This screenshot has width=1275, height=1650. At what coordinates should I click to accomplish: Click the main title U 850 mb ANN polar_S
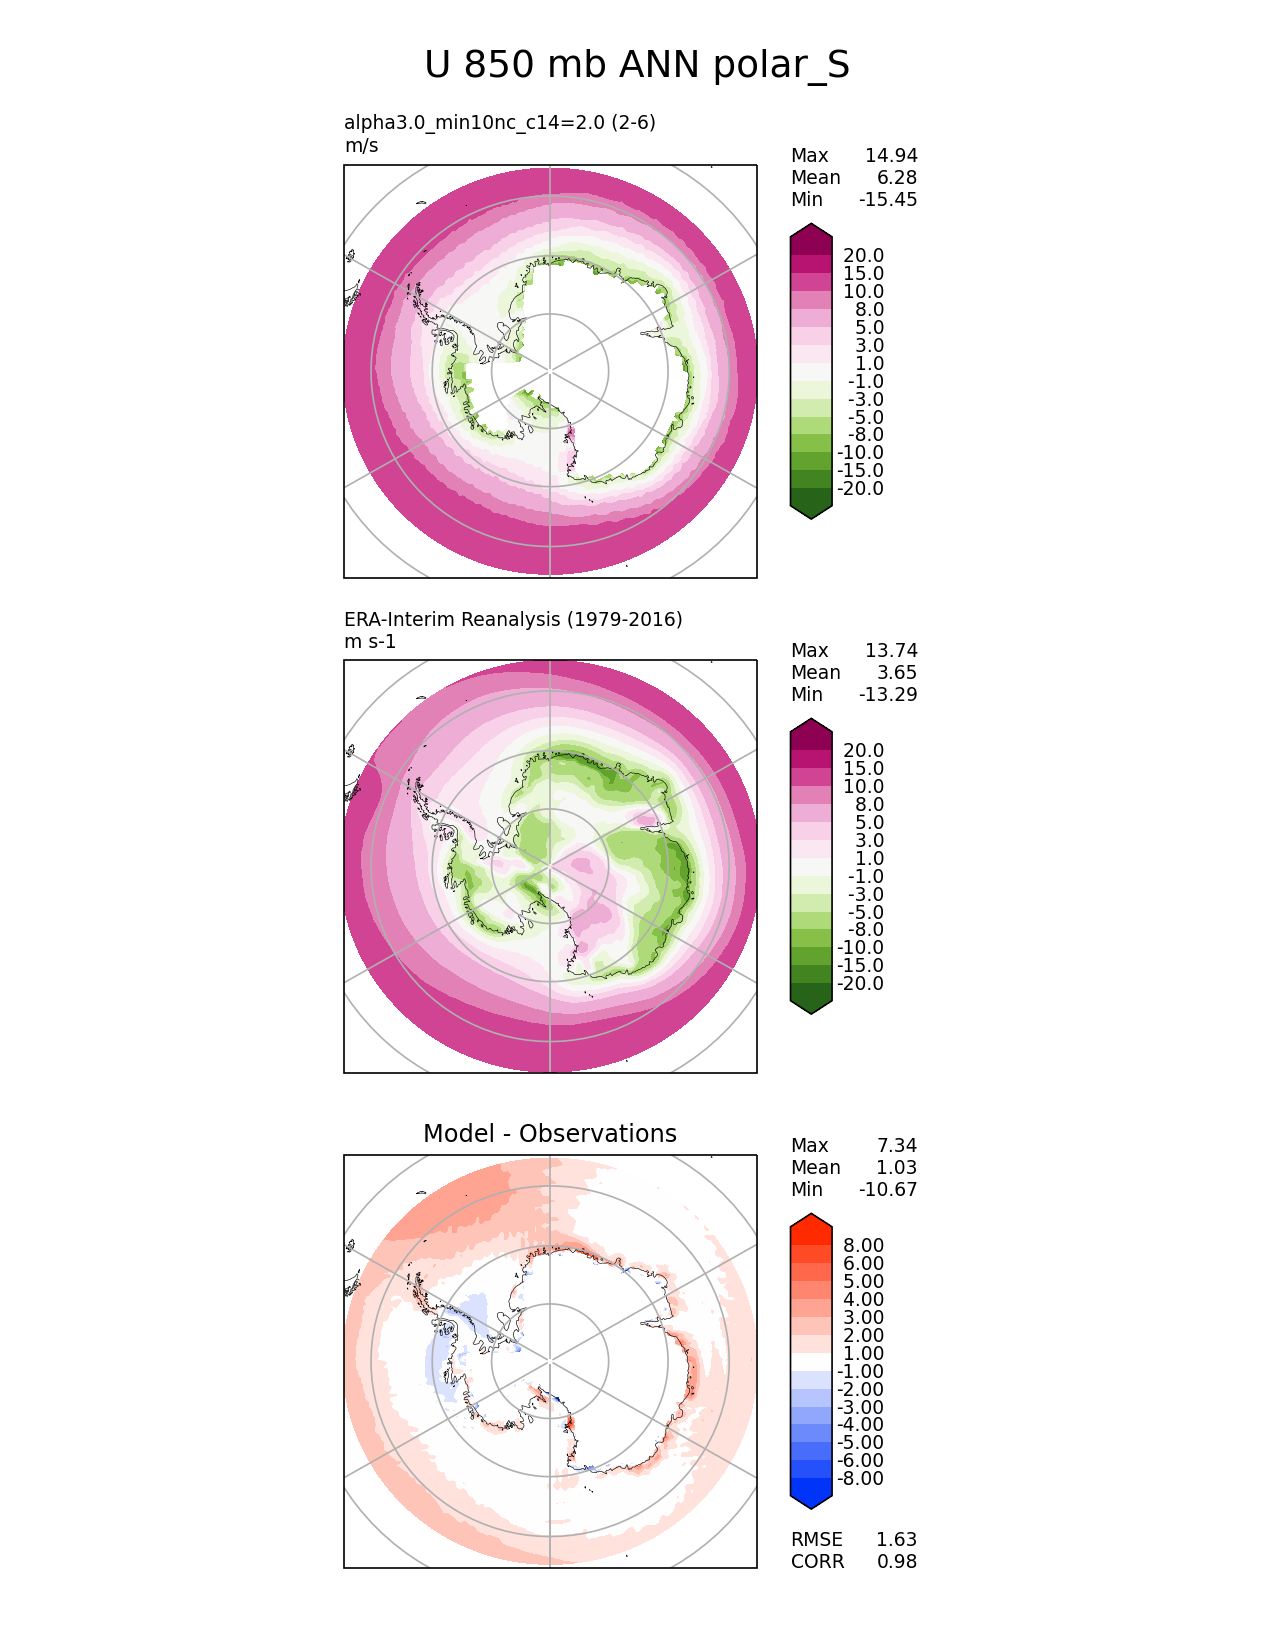coord(637,65)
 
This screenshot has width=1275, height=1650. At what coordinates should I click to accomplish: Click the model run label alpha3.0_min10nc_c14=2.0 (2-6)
coord(500,123)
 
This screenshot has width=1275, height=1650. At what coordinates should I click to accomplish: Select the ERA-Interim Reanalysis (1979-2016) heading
coord(513,620)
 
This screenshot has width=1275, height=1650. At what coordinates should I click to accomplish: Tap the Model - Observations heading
coord(550,1134)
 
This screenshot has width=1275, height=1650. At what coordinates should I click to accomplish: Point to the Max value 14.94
coord(891,156)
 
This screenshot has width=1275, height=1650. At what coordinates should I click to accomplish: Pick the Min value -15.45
coord(888,200)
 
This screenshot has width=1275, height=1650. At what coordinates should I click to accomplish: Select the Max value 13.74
coord(891,651)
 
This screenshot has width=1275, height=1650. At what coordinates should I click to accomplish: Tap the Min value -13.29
coord(888,695)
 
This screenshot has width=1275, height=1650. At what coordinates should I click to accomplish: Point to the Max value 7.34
coord(897,1146)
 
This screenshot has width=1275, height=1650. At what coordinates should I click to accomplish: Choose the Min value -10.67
coord(888,1190)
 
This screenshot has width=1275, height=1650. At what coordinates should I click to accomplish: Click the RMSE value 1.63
coord(897,1540)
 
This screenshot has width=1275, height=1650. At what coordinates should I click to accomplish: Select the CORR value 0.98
coord(897,1562)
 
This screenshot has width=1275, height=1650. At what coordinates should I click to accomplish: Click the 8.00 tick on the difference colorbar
coord(864,1246)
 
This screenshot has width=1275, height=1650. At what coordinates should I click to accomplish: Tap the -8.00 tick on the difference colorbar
coord(861,1479)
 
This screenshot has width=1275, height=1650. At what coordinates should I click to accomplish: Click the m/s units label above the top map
coord(361,146)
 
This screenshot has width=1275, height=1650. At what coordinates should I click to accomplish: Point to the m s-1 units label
coord(370,642)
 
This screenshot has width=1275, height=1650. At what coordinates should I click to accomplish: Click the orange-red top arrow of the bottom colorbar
coord(811,1224)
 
